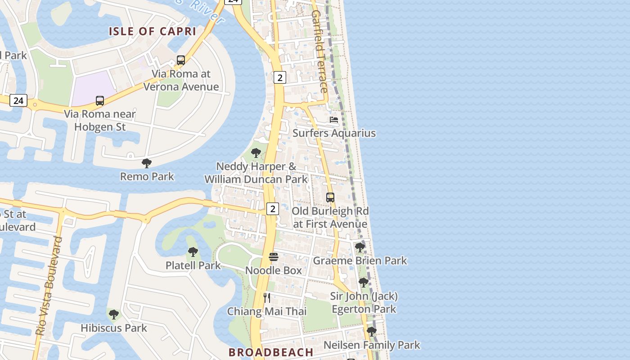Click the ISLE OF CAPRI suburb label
pyautogui.click(x=153, y=31)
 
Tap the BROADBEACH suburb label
pyautogui.click(x=271, y=352)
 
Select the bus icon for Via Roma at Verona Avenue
pyautogui.click(x=181, y=60)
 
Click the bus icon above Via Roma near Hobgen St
pyautogui.click(x=100, y=101)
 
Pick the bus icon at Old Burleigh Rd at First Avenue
pyautogui.click(x=330, y=198)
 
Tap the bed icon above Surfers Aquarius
pyautogui.click(x=334, y=120)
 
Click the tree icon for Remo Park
pyautogui.click(x=146, y=163)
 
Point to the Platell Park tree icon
pyautogui.click(x=193, y=252)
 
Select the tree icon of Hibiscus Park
pyautogui.click(x=114, y=314)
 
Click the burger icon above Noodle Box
pyautogui.click(x=274, y=257)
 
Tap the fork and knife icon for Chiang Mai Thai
pyautogui.click(x=267, y=297)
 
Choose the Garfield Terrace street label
pyautogui.click(x=319, y=51)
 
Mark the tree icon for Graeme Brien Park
pyautogui.click(x=360, y=247)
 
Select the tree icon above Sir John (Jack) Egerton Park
pyautogui.click(x=364, y=283)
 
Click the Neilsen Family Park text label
pyautogui.click(x=372, y=345)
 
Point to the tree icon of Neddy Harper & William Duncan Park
pyautogui.click(x=256, y=153)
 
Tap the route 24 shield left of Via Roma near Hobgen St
pyautogui.click(x=18, y=100)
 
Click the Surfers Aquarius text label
pyautogui.click(x=334, y=133)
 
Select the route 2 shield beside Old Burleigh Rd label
pyautogui.click(x=273, y=209)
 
